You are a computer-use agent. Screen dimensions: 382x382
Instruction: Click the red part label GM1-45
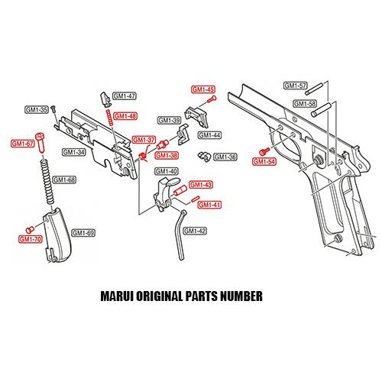pyautogui.click(x=201, y=89)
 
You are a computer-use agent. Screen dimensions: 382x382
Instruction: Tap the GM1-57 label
pyautogui.click(x=294, y=86)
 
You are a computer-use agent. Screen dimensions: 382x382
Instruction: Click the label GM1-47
pyautogui.click(x=125, y=96)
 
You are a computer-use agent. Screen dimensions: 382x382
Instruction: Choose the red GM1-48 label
pyautogui.click(x=125, y=116)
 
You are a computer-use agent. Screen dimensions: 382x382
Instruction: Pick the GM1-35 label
pyautogui.click(x=36, y=110)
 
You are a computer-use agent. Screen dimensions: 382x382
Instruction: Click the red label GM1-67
pyautogui.click(x=21, y=144)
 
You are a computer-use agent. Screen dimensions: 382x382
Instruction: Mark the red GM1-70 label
pyautogui.click(x=31, y=239)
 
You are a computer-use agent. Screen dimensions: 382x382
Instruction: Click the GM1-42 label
pyautogui.click(x=196, y=231)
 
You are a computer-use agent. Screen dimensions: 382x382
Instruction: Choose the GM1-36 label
pyautogui.click(x=225, y=157)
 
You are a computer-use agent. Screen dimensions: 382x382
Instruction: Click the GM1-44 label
pyautogui.click(x=209, y=135)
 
